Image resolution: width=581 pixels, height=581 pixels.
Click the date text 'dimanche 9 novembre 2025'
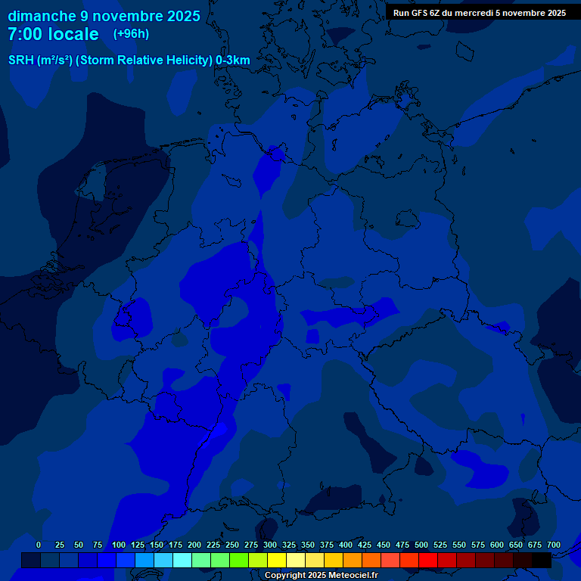coord(104,16)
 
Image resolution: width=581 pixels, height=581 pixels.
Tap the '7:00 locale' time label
coord(53,34)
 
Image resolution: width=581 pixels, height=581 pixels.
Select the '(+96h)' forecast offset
coord(131,34)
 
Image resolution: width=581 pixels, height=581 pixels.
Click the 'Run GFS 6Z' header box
coord(479,13)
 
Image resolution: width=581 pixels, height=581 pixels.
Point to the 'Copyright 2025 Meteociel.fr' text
coord(321,576)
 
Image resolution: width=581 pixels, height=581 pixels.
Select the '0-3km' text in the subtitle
coord(233,61)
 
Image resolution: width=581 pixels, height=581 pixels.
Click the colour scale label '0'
coord(39,545)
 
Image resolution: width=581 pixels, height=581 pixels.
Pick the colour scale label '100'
coord(118,545)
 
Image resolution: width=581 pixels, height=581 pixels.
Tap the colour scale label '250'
coord(231,545)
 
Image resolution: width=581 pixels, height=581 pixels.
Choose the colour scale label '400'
coord(345,545)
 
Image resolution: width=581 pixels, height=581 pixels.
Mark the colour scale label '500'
coord(421,545)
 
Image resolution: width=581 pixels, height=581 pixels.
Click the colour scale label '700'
coord(553,545)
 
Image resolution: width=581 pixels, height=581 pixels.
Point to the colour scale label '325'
coord(288,545)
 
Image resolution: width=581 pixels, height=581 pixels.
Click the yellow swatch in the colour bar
coord(277,560)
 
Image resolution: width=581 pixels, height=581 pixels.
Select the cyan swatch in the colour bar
coord(182,560)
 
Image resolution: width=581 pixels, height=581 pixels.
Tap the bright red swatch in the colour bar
coord(428,560)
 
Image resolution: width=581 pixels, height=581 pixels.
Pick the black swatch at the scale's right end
coord(542,560)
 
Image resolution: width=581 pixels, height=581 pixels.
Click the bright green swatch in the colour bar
coord(239,560)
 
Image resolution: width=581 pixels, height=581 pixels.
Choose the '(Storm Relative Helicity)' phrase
coord(144,61)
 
